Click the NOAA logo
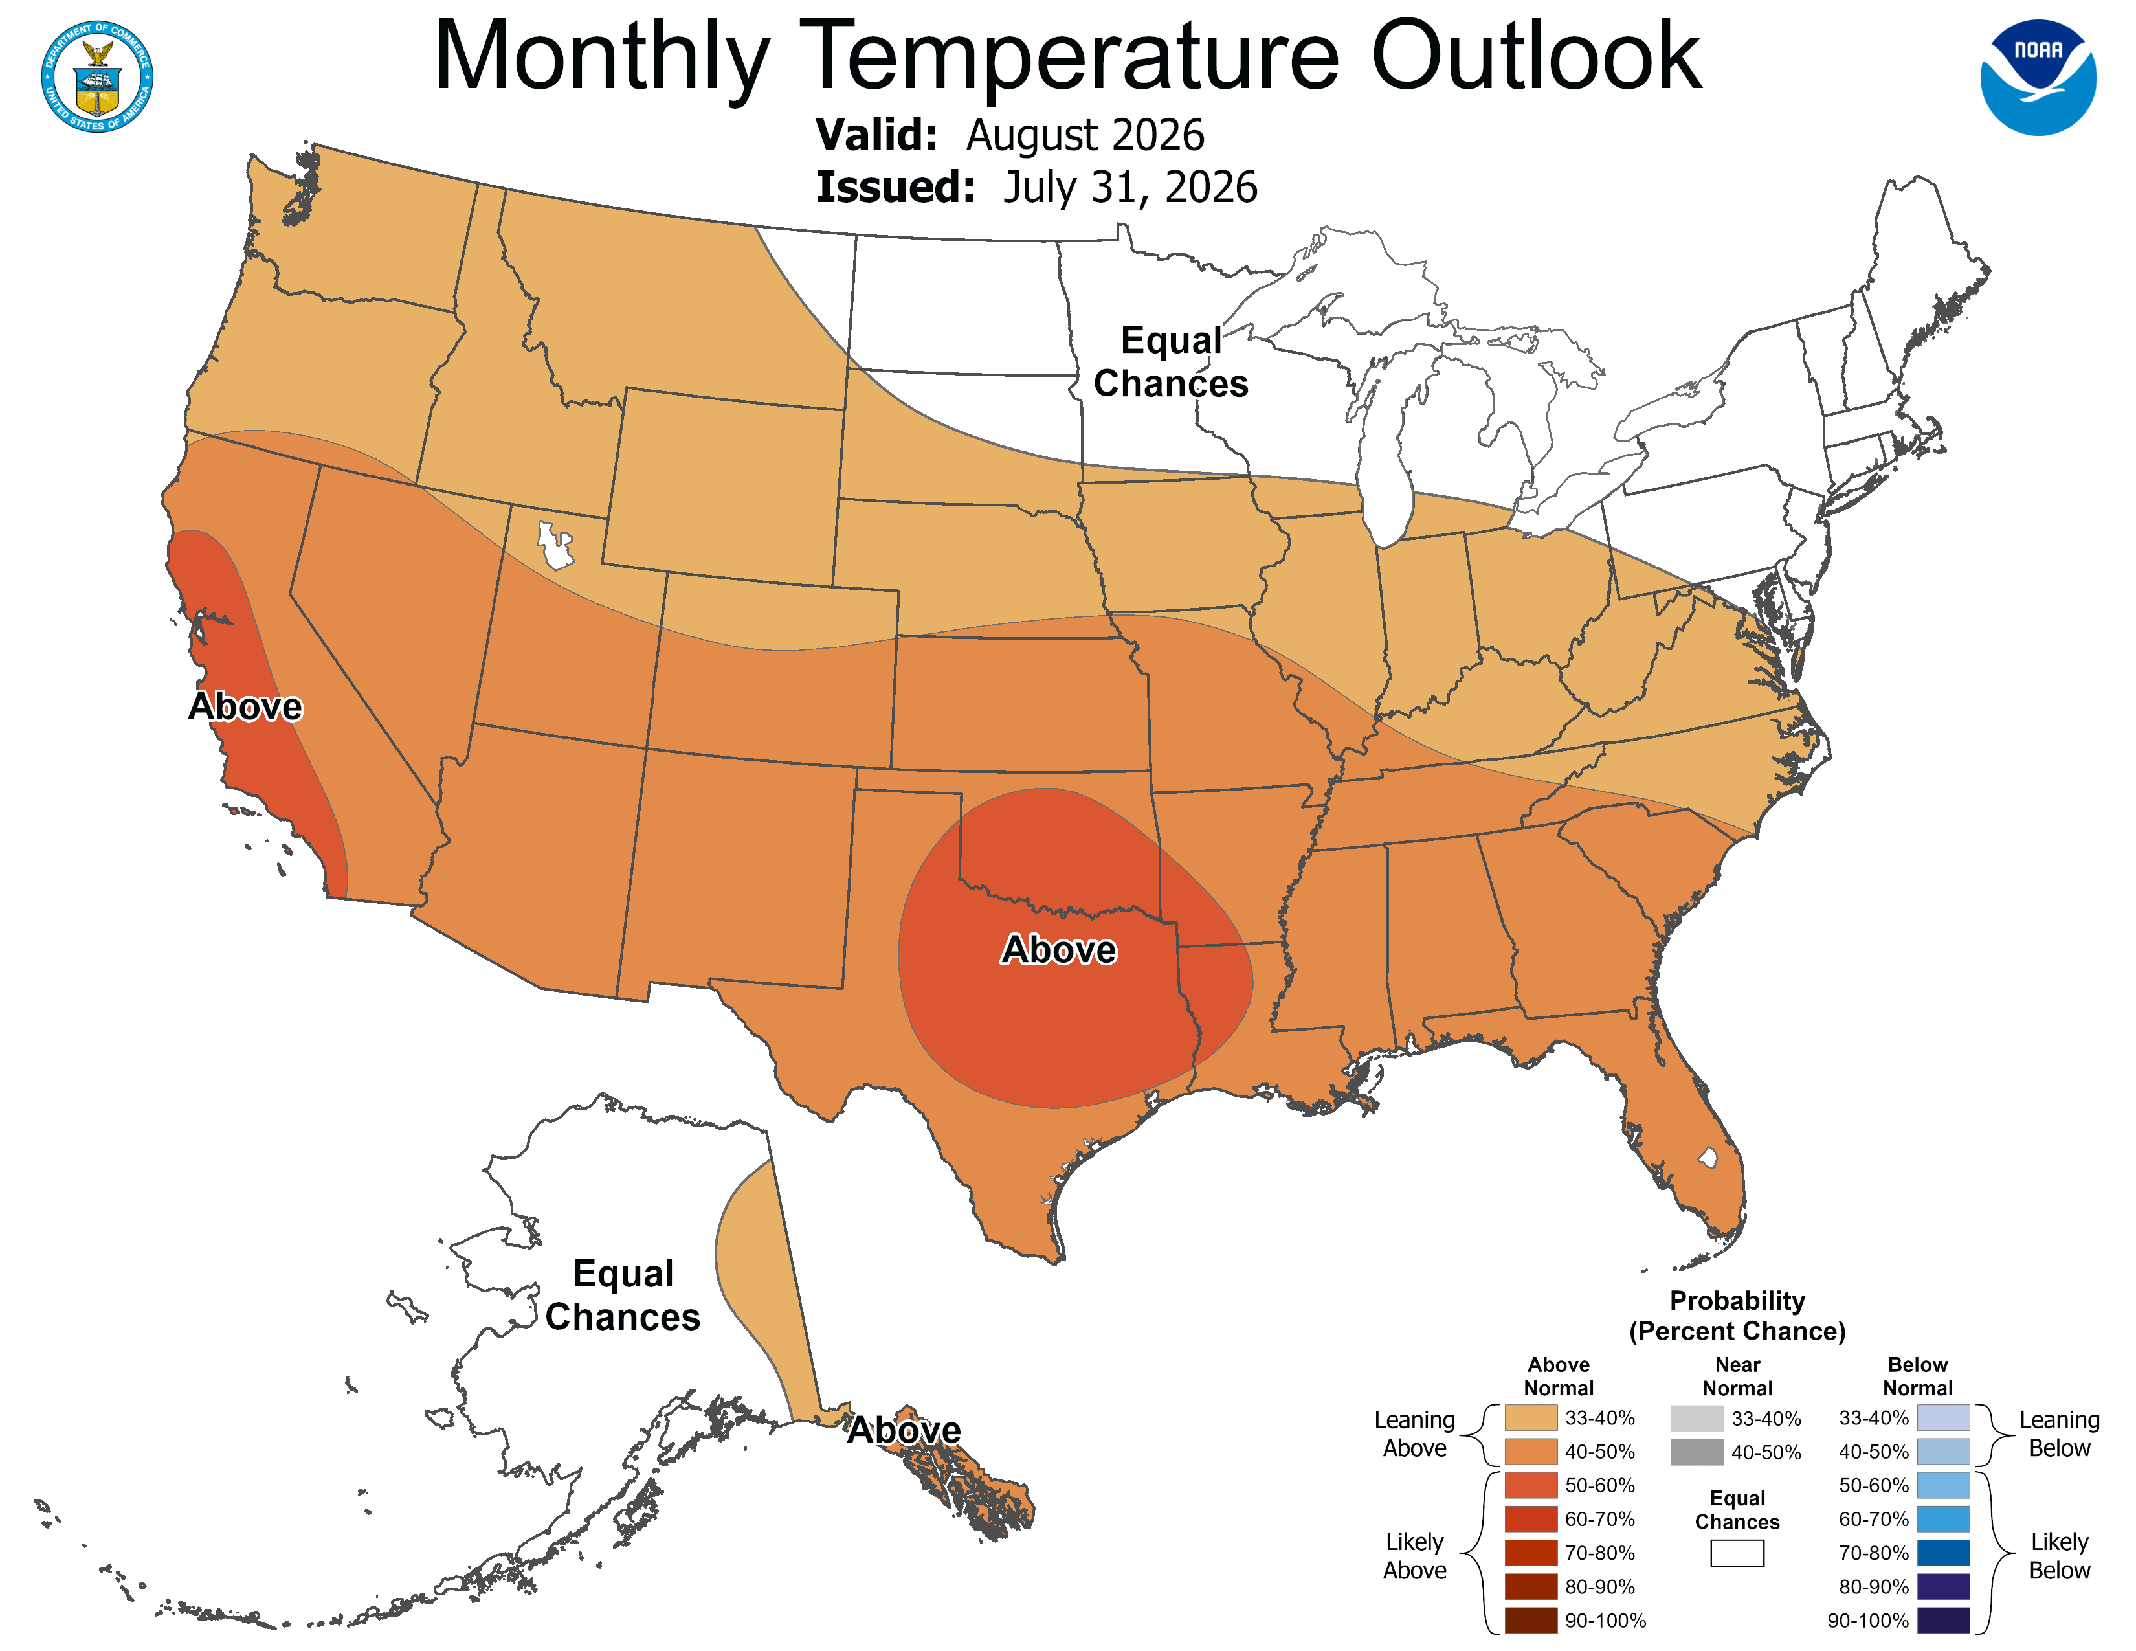[2038, 77]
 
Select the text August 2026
[1085, 135]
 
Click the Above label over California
[245, 706]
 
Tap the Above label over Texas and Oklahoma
[1059, 949]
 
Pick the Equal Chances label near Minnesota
[1171, 362]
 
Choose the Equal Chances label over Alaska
[623, 1295]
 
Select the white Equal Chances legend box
[1737, 1553]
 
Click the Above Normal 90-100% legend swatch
[1531, 1620]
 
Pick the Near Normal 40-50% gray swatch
[1697, 1452]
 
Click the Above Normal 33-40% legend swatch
[1531, 1417]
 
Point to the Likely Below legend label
[2059, 1556]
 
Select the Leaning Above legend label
[1414, 1434]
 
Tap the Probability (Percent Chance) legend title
[1737, 1316]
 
